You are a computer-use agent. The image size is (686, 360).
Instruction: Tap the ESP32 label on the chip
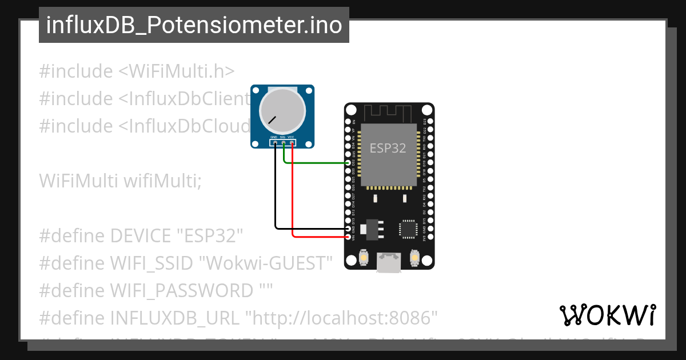point(388,148)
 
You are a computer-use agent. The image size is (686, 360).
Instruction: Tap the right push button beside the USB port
point(416,260)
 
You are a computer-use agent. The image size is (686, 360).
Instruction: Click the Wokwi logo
point(607,315)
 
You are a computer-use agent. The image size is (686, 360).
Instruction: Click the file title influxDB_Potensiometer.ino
point(194,25)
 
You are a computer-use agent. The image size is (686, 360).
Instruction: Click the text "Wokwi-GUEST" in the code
point(269,263)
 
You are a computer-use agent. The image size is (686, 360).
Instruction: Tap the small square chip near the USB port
point(408,228)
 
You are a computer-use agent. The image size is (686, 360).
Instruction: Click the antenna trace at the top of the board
point(389,112)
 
